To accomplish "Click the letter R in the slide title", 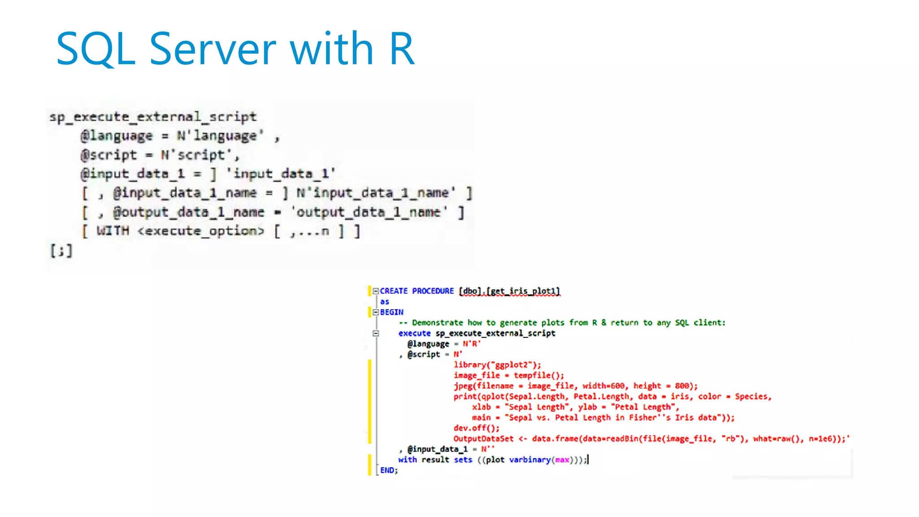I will pyautogui.click(x=402, y=49).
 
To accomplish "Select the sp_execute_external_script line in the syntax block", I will pyautogui.click(x=153, y=117).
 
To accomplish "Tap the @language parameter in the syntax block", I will pyautogui.click(x=117, y=136).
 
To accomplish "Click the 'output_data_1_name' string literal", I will pyautogui.click(x=369, y=212).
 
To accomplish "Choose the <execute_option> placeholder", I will pyautogui.click(x=201, y=231).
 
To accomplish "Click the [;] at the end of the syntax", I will pyautogui.click(x=61, y=250).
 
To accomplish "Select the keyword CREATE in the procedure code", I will pyautogui.click(x=394, y=291).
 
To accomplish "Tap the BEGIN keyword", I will pyautogui.click(x=392, y=312).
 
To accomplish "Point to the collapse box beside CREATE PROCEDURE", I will pyautogui.click(x=376, y=291).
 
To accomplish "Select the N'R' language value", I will pyautogui.click(x=472, y=344).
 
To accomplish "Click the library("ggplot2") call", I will pyautogui.click(x=497, y=365).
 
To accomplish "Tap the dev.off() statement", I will pyautogui.click(x=476, y=428).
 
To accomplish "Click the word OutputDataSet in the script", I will pyautogui.click(x=483, y=438).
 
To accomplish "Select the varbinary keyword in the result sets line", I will pyautogui.click(x=530, y=460).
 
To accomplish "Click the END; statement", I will pyautogui.click(x=389, y=470).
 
